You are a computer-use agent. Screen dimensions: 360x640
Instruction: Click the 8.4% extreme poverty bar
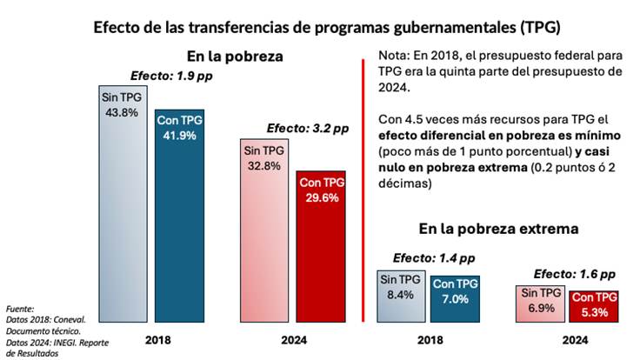point(401,297)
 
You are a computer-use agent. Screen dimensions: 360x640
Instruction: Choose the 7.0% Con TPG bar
point(456,299)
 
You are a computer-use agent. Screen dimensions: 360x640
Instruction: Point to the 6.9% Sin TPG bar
point(540,303)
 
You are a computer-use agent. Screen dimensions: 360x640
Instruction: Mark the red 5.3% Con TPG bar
point(594,306)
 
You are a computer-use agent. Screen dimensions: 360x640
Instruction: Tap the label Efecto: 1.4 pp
point(434,258)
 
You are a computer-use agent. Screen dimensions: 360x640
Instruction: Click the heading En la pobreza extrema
point(499,230)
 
